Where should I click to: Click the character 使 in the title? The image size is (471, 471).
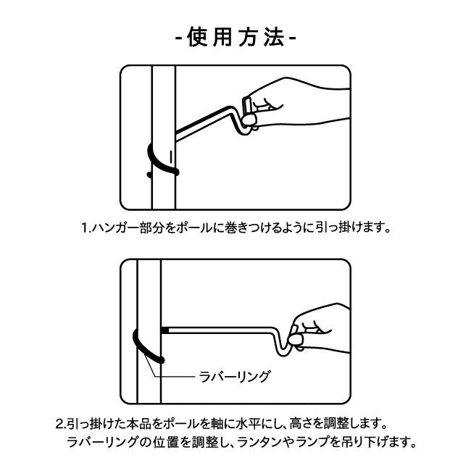click(197, 38)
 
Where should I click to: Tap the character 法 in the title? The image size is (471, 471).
click(274, 38)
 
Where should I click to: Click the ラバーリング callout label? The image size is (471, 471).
click(234, 376)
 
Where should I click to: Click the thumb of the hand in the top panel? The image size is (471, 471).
click(249, 120)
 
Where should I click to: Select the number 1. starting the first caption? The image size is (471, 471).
click(86, 228)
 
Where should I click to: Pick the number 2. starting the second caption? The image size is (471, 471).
click(61, 424)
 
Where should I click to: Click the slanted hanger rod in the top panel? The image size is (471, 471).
click(204, 122)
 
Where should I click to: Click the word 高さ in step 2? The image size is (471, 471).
click(301, 424)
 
